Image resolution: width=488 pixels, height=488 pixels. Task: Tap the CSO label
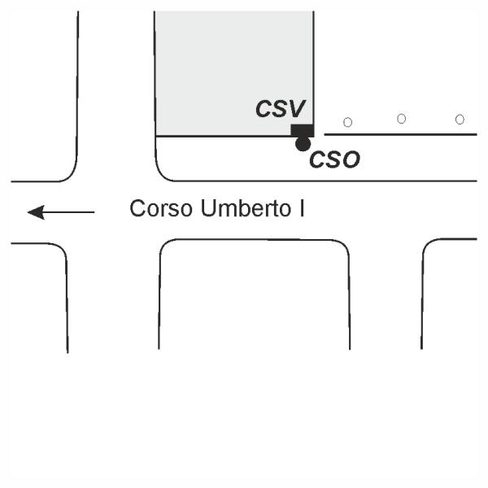(x=334, y=160)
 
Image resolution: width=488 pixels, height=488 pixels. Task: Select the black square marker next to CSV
(x=302, y=130)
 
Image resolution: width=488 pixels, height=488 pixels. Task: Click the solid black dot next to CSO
(x=303, y=144)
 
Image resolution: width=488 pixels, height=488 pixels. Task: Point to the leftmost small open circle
(x=348, y=122)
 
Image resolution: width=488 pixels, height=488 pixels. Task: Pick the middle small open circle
(x=402, y=119)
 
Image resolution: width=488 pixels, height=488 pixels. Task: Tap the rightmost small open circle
(x=460, y=120)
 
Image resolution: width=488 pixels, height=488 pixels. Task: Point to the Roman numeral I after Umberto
(x=301, y=209)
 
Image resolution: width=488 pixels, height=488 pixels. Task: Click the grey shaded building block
(x=233, y=69)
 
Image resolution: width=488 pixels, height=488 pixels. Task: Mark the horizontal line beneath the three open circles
(x=400, y=134)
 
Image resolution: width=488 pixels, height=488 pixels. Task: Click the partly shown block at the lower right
(x=452, y=293)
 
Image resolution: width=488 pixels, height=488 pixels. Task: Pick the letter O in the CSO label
(x=350, y=160)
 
